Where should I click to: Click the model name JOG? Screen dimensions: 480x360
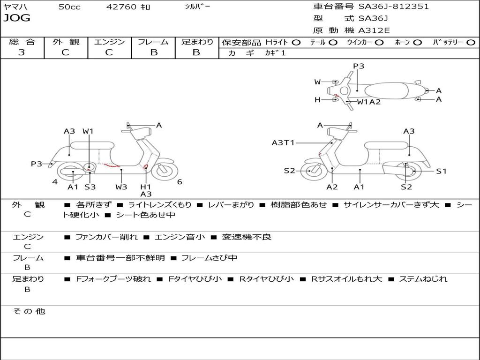17,18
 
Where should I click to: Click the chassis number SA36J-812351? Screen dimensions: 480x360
394,7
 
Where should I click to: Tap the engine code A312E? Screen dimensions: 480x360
374,30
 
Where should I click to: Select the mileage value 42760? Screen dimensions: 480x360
121,7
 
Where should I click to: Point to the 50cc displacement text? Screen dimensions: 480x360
69,7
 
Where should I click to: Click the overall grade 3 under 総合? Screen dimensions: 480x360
22,52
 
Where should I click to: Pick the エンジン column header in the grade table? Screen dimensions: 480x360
109,42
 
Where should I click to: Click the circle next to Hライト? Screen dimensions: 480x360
296,43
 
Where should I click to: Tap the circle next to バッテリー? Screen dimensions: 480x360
471,43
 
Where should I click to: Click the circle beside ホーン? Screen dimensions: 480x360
418,43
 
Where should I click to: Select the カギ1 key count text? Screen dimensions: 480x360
275,53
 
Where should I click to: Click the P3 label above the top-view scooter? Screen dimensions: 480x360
359,66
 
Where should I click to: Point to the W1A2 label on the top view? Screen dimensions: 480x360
369,102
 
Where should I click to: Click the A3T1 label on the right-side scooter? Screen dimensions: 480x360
283,142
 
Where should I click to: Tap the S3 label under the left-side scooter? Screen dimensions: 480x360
90,187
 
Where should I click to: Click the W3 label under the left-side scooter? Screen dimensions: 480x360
121,187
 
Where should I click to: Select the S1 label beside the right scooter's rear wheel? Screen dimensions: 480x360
441,171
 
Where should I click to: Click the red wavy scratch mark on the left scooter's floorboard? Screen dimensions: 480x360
112,166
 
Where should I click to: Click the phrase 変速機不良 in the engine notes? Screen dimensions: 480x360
247,237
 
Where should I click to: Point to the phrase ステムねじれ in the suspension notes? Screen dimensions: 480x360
423,279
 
